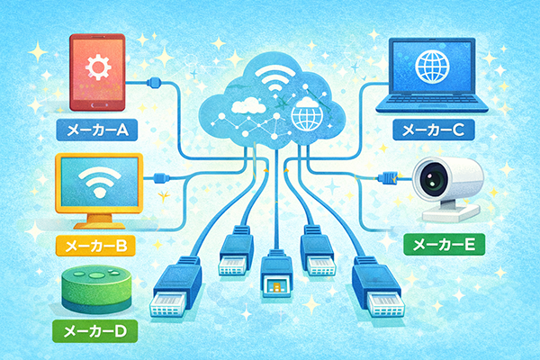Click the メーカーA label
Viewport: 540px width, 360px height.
[x=97, y=130]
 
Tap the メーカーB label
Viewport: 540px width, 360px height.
[x=95, y=246]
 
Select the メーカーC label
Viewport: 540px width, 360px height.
[x=434, y=130]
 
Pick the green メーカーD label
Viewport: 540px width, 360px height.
[x=95, y=331]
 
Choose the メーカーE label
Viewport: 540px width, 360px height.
[x=445, y=244]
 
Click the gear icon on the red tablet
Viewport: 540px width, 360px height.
[x=98, y=67]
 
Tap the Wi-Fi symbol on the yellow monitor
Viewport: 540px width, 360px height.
[x=100, y=182]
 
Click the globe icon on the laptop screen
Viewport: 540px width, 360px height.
[x=433, y=66]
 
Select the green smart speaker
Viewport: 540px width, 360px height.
[x=96, y=289]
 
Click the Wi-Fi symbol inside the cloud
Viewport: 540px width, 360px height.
[x=276, y=80]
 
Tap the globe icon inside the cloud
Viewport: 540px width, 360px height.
[x=307, y=113]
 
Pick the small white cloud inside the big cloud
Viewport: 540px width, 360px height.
[x=249, y=105]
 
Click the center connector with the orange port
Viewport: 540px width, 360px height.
[x=276, y=274]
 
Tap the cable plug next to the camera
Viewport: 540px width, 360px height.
[x=389, y=178]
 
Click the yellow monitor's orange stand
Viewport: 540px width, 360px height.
[x=100, y=221]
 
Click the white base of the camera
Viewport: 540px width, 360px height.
[x=451, y=212]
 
